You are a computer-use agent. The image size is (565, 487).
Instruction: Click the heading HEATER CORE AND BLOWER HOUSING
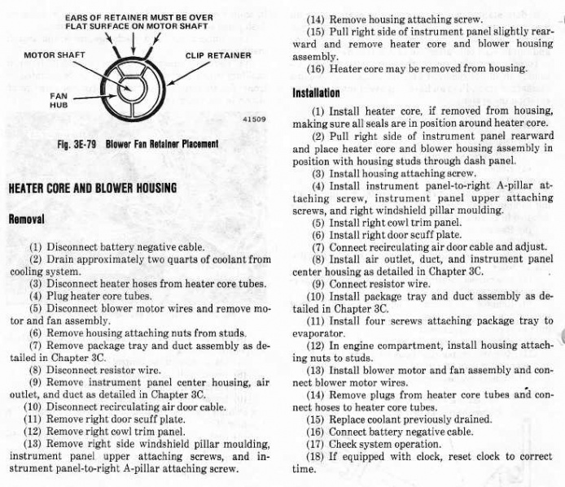[x=92, y=189]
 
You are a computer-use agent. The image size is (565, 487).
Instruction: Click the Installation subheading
[x=316, y=93]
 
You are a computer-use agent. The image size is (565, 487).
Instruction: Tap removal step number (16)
[x=315, y=69]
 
